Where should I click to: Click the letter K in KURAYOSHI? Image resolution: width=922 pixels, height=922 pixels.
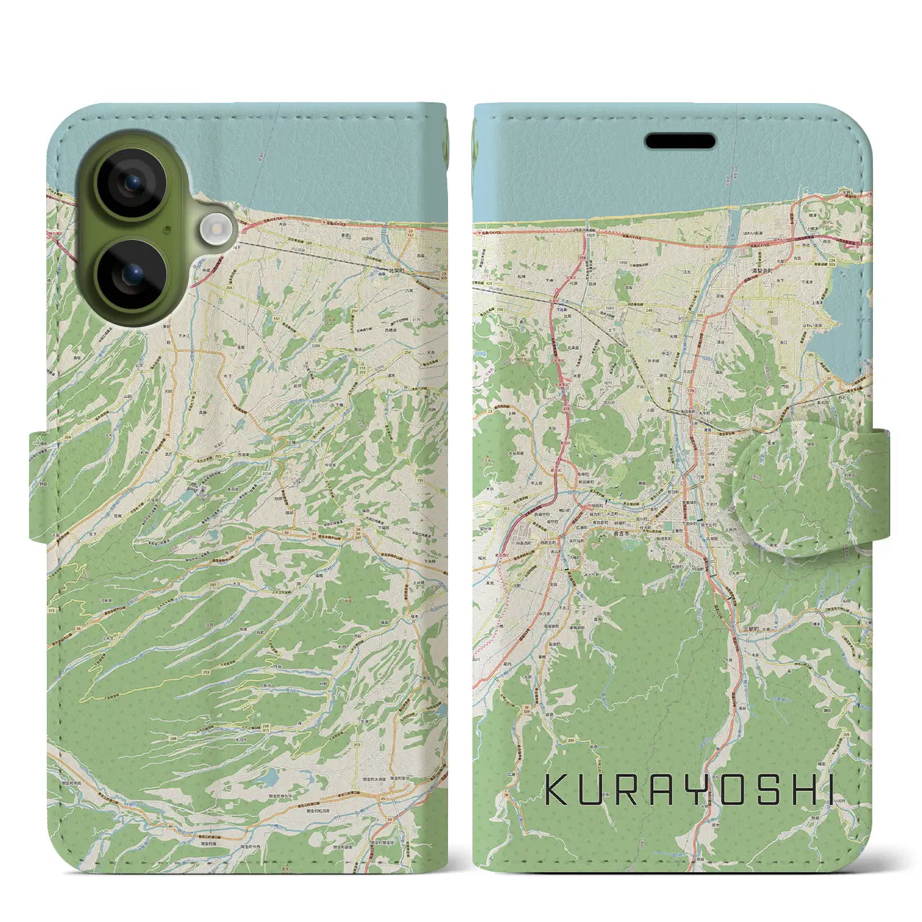click(x=556, y=790)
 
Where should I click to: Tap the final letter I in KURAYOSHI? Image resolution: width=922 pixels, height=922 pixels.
click(x=828, y=790)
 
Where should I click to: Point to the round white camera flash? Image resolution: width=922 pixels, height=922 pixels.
click(x=215, y=230)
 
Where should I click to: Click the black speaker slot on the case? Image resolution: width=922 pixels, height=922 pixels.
click(x=680, y=141)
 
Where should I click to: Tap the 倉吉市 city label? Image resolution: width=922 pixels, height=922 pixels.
click(x=624, y=533)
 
